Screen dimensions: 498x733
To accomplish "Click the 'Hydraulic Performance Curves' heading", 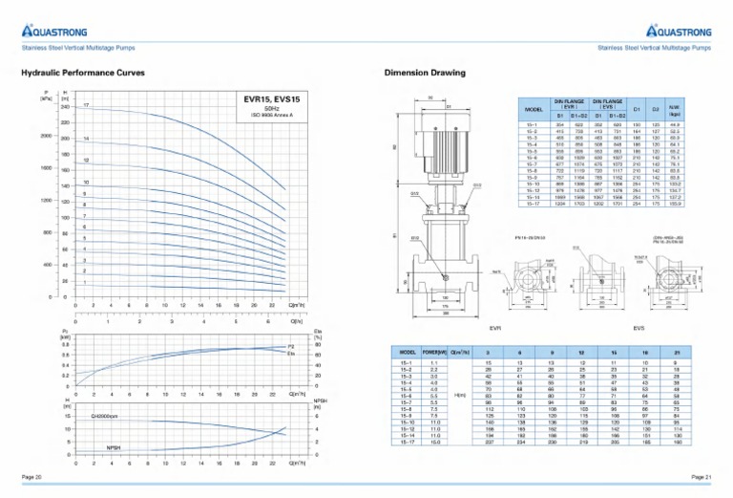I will pyautogui.click(x=83, y=73).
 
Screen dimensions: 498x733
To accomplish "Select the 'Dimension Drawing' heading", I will pyautogui.click(x=425, y=73).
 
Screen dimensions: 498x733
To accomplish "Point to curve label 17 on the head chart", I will pyautogui.click(x=86, y=104).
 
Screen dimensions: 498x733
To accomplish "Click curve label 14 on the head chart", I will pyautogui.click(x=86, y=139).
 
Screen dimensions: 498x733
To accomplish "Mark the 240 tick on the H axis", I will pyautogui.click(x=65, y=107).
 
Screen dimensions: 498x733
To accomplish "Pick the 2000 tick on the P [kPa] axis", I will pyautogui.click(x=45, y=136).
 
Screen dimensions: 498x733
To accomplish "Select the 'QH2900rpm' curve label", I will pyautogui.click(x=105, y=417).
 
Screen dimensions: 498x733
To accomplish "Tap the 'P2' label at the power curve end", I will pyautogui.click(x=291, y=347).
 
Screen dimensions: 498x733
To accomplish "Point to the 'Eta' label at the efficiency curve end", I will pyautogui.click(x=291, y=354).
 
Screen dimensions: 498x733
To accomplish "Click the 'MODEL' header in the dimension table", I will pyautogui.click(x=534, y=109).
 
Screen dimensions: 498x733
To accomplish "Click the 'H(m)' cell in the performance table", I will pyautogui.click(x=460, y=396).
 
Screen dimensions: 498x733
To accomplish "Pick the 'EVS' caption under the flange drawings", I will pyautogui.click(x=638, y=328).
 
